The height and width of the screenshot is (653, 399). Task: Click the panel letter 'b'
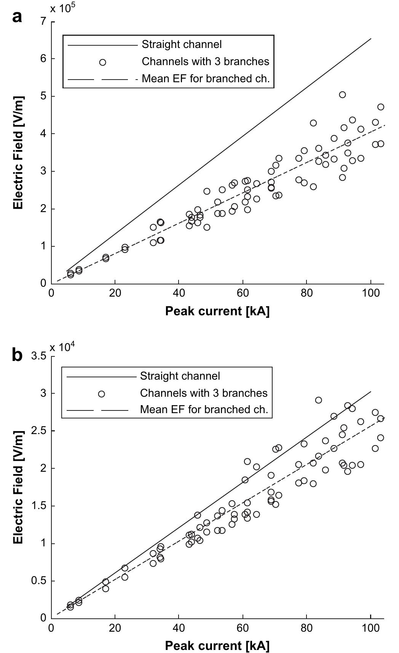17,355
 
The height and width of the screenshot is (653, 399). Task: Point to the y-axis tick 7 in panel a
44,22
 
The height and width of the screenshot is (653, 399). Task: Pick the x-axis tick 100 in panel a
370,294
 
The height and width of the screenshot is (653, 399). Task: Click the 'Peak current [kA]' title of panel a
217,311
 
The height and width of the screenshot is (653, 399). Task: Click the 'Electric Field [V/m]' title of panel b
18,488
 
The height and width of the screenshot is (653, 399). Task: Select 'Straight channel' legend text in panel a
182,45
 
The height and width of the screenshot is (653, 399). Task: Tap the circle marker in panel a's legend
102,62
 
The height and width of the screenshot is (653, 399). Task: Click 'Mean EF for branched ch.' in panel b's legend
204,410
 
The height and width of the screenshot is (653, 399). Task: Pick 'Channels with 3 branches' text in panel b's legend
204,393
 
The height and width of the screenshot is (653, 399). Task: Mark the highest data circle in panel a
342,95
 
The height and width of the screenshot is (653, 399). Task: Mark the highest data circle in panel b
318,400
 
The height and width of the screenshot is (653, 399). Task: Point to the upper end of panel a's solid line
371,38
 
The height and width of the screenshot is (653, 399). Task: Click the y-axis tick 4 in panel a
44,134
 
